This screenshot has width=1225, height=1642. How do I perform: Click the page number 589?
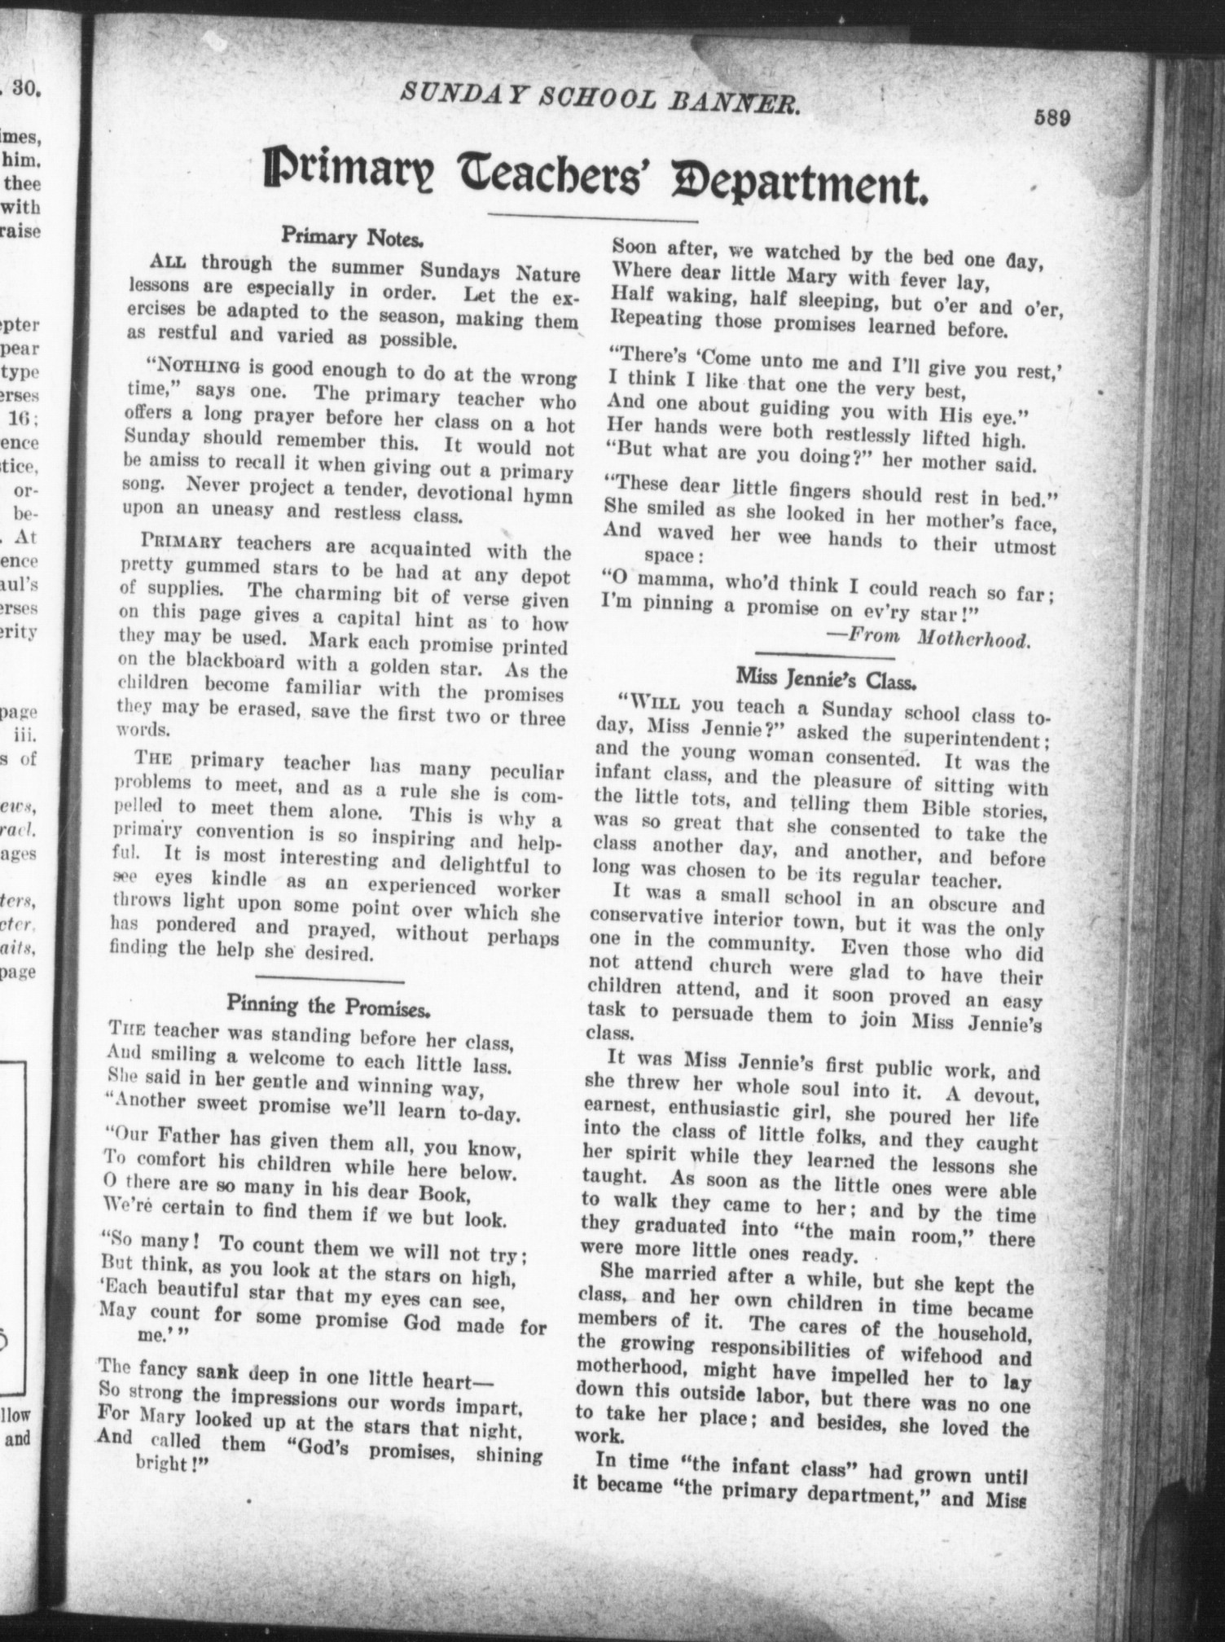pyautogui.click(x=1051, y=116)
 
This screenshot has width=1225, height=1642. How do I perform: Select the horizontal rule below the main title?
pyautogui.click(x=592, y=216)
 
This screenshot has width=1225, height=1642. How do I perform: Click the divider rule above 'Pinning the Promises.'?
pyautogui.click(x=330, y=977)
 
